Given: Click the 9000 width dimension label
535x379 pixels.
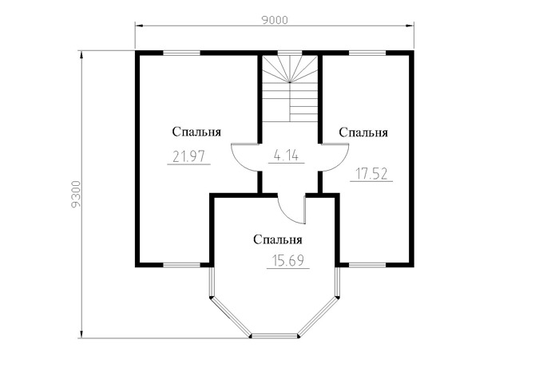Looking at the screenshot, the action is tap(275, 21).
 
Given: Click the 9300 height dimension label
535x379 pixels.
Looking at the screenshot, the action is tap(77, 194).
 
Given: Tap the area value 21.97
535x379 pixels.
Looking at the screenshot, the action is tap(188, 156).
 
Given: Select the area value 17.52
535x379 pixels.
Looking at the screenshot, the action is tap(371, 174).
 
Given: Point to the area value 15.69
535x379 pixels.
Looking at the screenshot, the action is tap(288, 261).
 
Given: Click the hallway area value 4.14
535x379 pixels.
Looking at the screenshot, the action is tap(286, 156).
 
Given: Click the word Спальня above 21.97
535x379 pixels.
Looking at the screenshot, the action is tap(196, 132).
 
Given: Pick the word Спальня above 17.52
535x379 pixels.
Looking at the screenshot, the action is tap(363, 132).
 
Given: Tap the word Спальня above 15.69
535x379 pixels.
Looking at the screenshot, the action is tap(278, 239).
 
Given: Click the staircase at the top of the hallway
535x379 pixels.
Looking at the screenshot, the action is tap(290, 88).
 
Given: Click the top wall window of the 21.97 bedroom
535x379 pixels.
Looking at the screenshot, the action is tap(181, 53).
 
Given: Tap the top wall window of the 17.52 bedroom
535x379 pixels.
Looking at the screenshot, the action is tap(367, 53).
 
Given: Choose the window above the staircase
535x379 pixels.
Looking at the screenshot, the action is tap(289, 53).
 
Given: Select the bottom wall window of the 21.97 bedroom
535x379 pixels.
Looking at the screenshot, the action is tap(181, 265).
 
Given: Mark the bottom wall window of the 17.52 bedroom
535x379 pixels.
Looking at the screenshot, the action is tap(367, 265).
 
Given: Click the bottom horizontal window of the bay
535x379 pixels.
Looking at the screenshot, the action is tap(275, 337).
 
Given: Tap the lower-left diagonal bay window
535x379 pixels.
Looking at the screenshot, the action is tap(230, 317).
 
